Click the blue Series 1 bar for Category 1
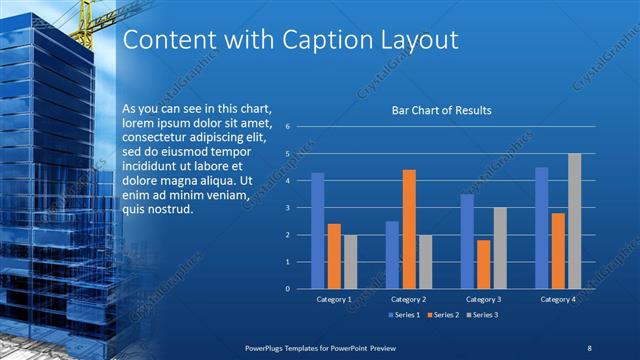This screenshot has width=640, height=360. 318,231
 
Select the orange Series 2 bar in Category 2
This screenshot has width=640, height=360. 409,230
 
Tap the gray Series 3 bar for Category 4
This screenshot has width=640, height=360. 574,221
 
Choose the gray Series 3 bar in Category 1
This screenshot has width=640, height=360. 350,262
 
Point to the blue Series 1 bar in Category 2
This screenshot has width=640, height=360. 392,255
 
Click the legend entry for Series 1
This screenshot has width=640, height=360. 403,315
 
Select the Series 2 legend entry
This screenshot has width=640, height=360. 443,315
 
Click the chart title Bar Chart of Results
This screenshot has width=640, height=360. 441,110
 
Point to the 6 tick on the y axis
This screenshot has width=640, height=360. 287,127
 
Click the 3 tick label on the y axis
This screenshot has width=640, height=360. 287,208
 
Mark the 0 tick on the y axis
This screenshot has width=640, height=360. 287,289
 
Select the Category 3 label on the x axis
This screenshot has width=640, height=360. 483,299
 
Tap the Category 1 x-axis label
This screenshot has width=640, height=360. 334,299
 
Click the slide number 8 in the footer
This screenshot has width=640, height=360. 589,347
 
